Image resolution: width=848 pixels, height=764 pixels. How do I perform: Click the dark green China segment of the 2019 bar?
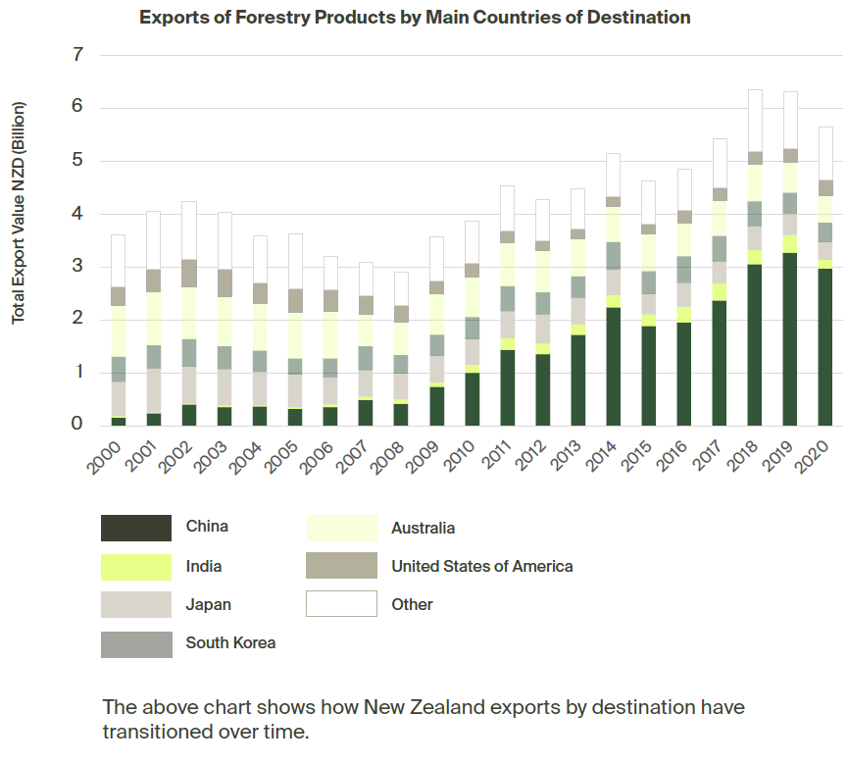pyautogui.click(x=790, y=338)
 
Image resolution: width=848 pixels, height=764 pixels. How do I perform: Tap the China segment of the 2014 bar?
pyautogui.click(x=613, y=366)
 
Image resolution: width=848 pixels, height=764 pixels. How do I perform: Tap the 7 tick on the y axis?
pyautogui.click(x=78, y=55)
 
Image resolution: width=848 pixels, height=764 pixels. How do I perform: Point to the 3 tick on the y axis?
pyautogui.click(x=78, y=267)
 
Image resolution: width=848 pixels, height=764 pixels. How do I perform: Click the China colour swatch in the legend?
pyautogui.click(x=136, y=528)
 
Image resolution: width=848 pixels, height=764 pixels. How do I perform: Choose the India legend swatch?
pyautogui.click(x=136, y=567)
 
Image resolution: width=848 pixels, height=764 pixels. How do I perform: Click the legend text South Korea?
pyautogui.click(x=230, y=643)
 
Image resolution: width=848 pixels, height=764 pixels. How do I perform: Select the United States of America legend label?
pyautogui.click(x=481, y=566)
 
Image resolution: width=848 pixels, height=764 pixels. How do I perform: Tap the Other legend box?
pyautogui.click(x=341, y=604)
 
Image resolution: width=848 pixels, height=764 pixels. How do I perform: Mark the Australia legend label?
pyautogui.click(x=423, y=528)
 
